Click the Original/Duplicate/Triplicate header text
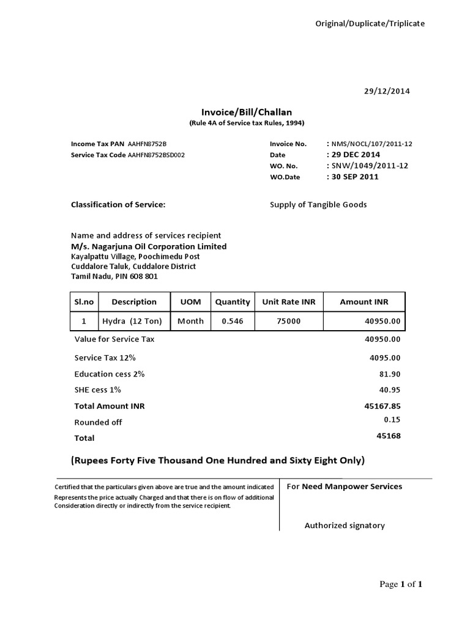pyautogui.click(x=370, y=23)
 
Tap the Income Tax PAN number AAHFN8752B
pyautogui.click(x=147, y=144)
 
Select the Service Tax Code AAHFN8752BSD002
pyautogui.click(x=156, y=155)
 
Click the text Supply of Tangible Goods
pyautogui.click(x=318, y=205)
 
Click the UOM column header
pyautogui.click(x=190, y=302)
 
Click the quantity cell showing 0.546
pyautogui.click(x=232, y=321)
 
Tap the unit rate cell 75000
pyautogui.click(x=289, y=321)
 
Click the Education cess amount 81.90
pyautogui.click(x=391, y=374)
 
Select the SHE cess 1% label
pyautogui.click(x=97, y=389)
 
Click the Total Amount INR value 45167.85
pyautogui.click(x=382, y=406)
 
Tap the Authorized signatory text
pyautogui.click(x=345, y=526)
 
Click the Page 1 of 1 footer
pyautogui.click(x=401, y=584)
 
